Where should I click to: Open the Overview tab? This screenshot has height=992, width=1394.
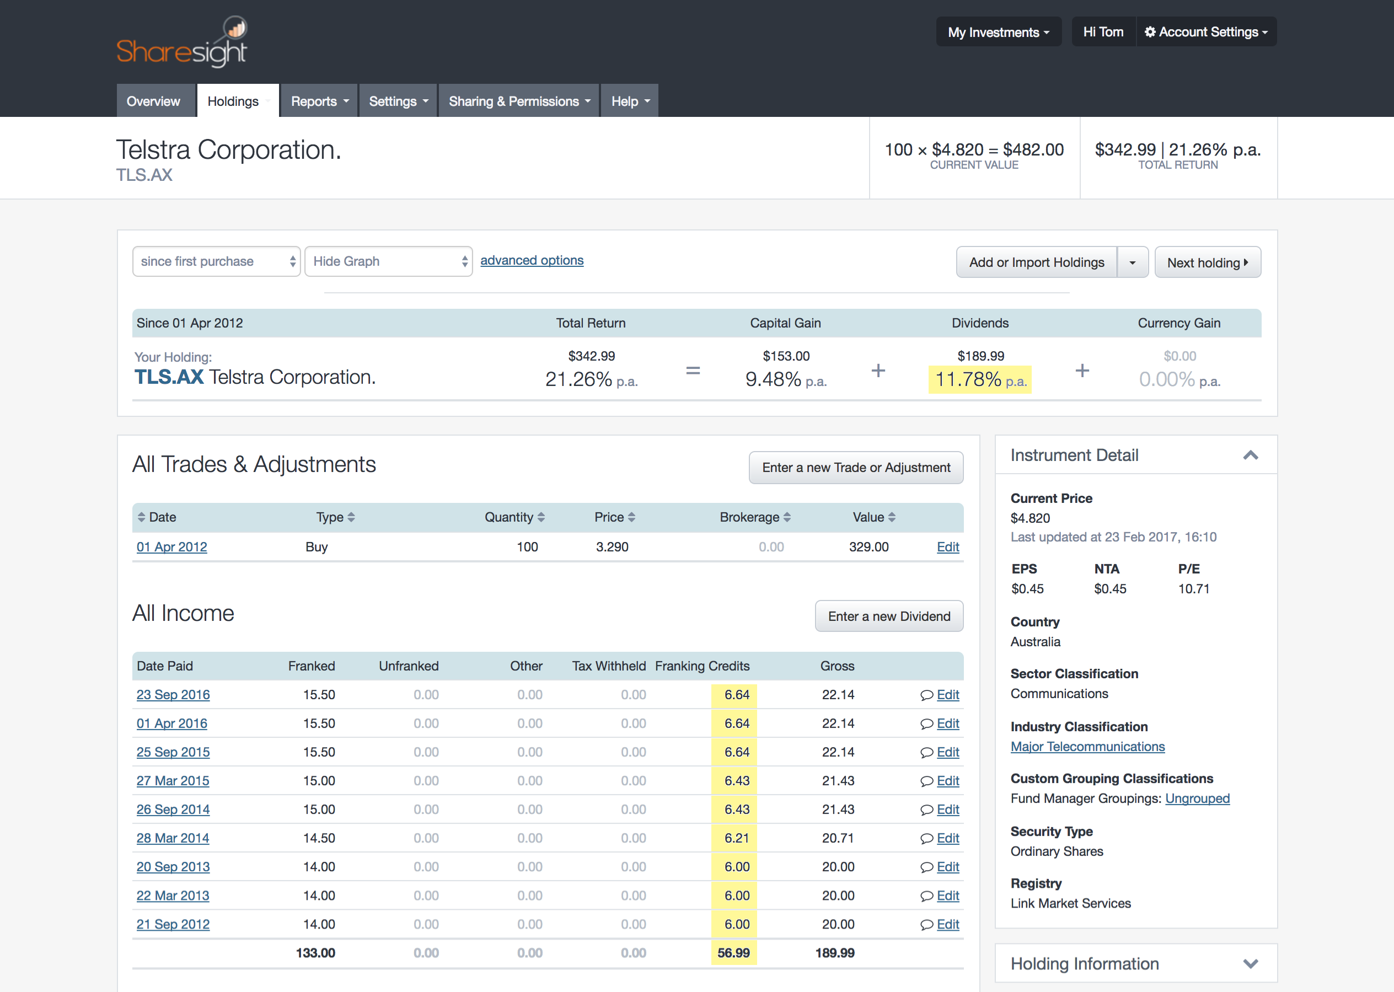(153, 101)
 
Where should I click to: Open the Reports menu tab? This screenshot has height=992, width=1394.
(319, 101)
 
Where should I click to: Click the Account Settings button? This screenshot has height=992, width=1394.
(1207, 32)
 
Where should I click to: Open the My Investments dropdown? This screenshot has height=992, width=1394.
(999, 32)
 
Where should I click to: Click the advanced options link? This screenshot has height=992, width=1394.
(532, 260)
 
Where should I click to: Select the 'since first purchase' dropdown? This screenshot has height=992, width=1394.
(216, 261)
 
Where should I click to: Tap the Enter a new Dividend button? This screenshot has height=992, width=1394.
(889, 616)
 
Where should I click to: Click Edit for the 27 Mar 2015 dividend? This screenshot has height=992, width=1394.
(947, 781)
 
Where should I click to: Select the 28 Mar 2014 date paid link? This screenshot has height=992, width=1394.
(173, 838)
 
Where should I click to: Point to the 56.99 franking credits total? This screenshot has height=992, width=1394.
(733, 953)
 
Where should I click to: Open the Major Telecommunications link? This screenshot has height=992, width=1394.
(1087, 747)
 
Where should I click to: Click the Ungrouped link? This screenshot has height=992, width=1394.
(1197, 798)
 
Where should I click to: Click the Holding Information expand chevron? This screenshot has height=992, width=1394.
(1251, 964)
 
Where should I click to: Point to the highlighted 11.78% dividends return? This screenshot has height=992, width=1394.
(980, 379)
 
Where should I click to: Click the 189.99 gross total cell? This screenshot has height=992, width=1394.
(834, 953)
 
